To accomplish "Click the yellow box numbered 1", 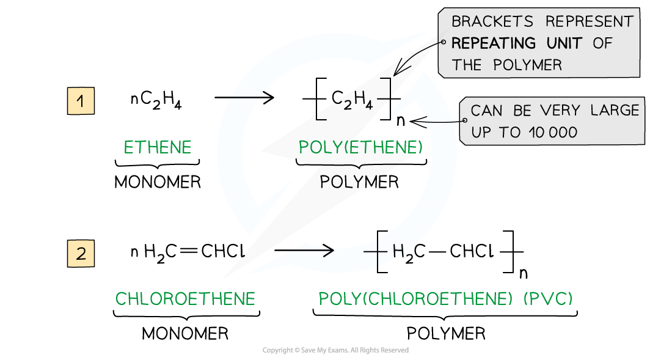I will click(x=81, y=101).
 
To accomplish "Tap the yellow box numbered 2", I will click(x=81, y=254).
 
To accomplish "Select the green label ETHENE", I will click(x=158, y=147).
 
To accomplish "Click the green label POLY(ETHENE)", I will click(x=360, y=147).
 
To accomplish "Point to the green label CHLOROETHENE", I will click(x=185, y=299).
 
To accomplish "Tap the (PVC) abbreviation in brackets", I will click(x=548, y=299).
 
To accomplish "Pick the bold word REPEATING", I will click(x=494, y=43).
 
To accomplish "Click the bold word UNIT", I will click(x=562, y=43).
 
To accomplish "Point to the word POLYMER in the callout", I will click(x=530, y=65).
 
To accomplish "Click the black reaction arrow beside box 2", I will click(x=312, y=251).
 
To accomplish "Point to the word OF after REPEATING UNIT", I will click(x=602, y=43).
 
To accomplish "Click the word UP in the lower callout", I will click(x=481, y=132).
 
